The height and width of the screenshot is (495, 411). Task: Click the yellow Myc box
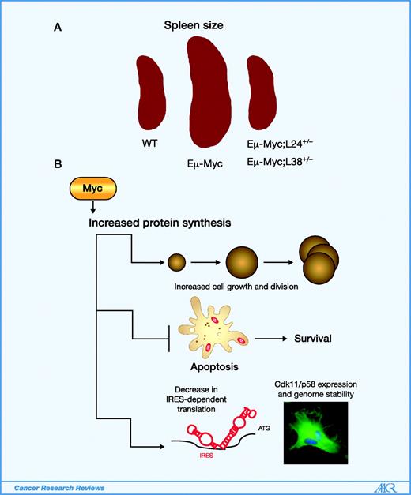point(93,190)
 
